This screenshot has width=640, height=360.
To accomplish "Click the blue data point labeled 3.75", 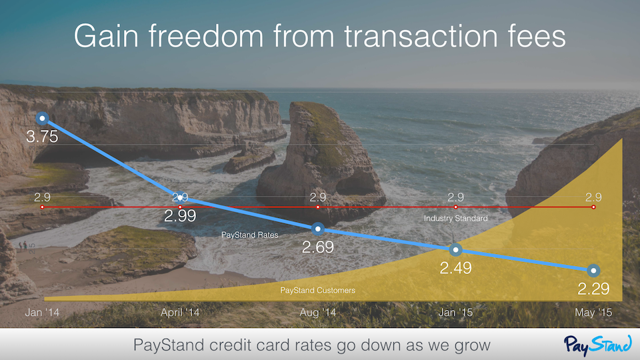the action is coord(42,119).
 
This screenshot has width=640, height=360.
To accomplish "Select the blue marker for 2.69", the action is coord(318,229).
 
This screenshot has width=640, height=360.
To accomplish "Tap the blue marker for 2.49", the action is coord(455,249).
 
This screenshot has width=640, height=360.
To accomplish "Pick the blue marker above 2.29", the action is coord(593,270).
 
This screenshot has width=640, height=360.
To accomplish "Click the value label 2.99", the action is coord(180,215).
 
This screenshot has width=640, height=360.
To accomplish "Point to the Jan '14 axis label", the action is coord(42,313).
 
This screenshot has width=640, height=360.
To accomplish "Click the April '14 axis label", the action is coord(180,313).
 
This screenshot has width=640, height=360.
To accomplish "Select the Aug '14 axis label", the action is coord(318,313).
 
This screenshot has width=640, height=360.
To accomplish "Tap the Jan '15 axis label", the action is coord(455,313).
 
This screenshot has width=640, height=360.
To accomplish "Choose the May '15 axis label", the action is coord(593,313).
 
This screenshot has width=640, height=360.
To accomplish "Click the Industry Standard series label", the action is coord(455,219).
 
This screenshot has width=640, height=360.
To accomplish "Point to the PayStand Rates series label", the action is coord(250,235).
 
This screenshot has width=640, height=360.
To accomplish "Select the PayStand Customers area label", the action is coord(317,290).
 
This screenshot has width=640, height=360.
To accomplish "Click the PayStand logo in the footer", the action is coord(598,345).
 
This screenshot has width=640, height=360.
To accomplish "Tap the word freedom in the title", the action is coord(206,36).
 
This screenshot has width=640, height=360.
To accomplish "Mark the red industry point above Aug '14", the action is coord(318,207).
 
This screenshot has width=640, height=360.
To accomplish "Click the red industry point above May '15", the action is coord(593,207).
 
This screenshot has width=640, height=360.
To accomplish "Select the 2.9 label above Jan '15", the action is coord(455,197).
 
